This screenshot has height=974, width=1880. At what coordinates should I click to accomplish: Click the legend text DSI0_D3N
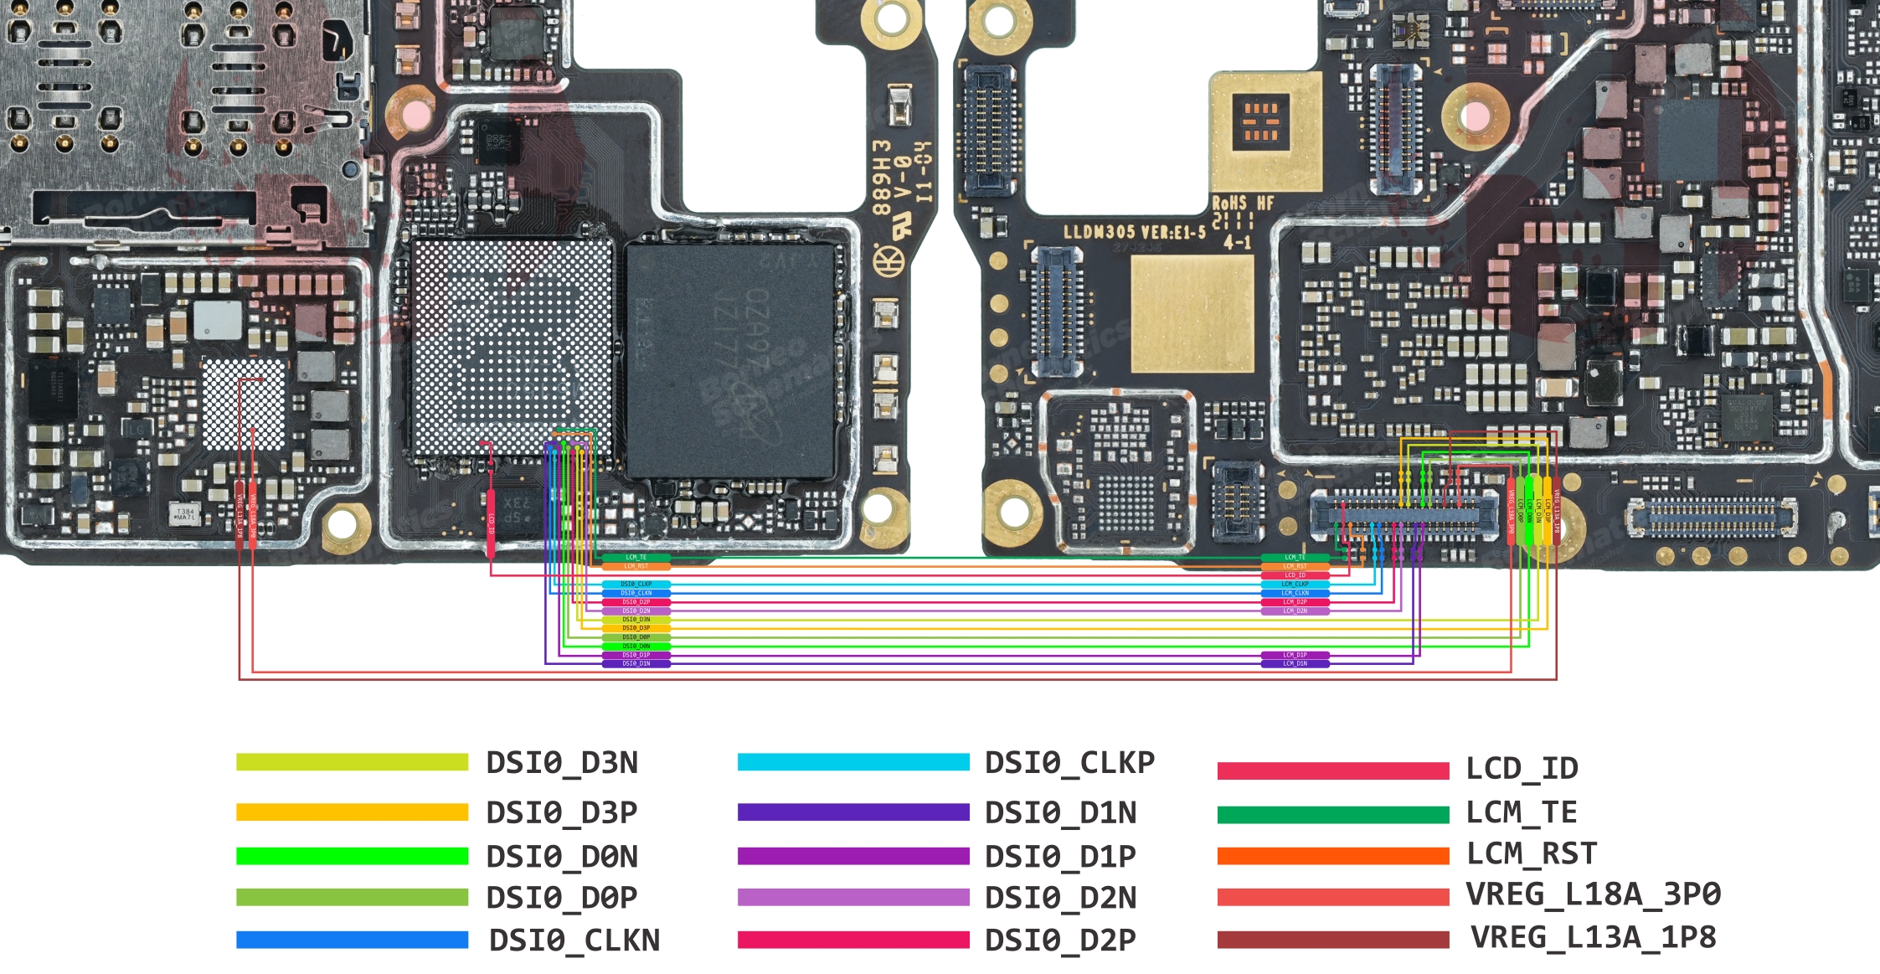pyautogui.click(x=562, y=763)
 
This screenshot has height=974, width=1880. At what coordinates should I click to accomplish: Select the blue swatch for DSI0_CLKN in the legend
pyautogui.click(x=352, y=940)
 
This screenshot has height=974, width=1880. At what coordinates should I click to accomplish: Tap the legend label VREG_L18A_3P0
pyautogui.click(x=1593, y=894)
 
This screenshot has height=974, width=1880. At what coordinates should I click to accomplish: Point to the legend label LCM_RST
pyautogui.click(x=1532, y=853)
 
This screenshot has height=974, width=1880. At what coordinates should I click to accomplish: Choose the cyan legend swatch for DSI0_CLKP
pyautogui.click(x=853, y=762)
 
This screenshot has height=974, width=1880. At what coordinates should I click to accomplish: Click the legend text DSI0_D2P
pyautogui.click(x=1060, y=941)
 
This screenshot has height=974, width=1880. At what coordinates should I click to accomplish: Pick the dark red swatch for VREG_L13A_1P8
pyautogui.click(x=1333, y=940)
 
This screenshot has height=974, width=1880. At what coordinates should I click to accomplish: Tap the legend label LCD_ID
pyautogui.click(x=1522, y=768)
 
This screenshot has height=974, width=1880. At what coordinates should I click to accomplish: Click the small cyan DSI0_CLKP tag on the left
pyautogui.click(x=636, y=584)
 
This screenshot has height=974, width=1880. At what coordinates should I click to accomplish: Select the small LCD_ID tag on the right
pyautogui.click(x=1295, y=575)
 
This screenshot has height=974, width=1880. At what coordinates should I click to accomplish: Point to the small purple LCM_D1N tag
pyautogui.click(x=1295, y=664)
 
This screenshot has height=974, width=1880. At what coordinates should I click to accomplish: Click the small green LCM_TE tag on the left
pyautogui.click(x=636, y=557)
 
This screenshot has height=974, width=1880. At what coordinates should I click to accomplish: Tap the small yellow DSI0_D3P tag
pyautogui.click(x=636, y=628)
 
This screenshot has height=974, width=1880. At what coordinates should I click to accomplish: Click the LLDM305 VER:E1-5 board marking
pyautogui.click(x=1134, y=232)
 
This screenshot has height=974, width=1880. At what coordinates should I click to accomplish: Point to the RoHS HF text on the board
pyautogui.click(x=1243, y=204)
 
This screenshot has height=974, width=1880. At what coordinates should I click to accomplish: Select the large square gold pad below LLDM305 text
pyautogui.click(x=1192, y=314)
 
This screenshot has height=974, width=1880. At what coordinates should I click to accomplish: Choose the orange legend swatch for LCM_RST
pyautogui.click(x=1333, y=856)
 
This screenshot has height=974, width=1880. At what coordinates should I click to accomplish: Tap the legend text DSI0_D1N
pyautogui.click(x=1060, y=813)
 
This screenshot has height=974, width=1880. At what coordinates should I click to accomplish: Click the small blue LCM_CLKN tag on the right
pyautogui.click(x=1295, y=593)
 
